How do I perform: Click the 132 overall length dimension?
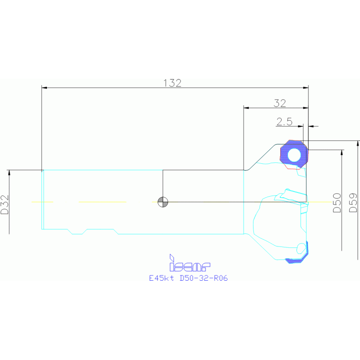coord(172,83)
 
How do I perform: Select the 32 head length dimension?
coord(280,103)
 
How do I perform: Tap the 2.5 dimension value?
coord(284,122)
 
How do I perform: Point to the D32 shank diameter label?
coord(5,205)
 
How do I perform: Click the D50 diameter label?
coord(337,203)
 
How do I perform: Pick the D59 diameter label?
coord(353,203)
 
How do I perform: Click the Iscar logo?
coord(190,263)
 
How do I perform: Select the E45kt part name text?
coord(161,278)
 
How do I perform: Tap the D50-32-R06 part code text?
coord(204,278)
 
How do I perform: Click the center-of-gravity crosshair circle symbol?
coord(163,202)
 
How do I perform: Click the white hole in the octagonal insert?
coord(294,155)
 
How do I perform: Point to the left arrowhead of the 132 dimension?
coord(44,88)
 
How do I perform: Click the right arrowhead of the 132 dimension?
coord(306,88)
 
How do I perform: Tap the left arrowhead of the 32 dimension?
coord(246,108)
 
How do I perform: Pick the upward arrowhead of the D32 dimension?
coord(9,173)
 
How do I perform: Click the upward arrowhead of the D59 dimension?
coord(358,143)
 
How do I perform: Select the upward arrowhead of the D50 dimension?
coord(342,153)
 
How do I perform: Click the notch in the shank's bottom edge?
coord(77,232)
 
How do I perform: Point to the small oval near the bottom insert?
coord(301,248)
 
